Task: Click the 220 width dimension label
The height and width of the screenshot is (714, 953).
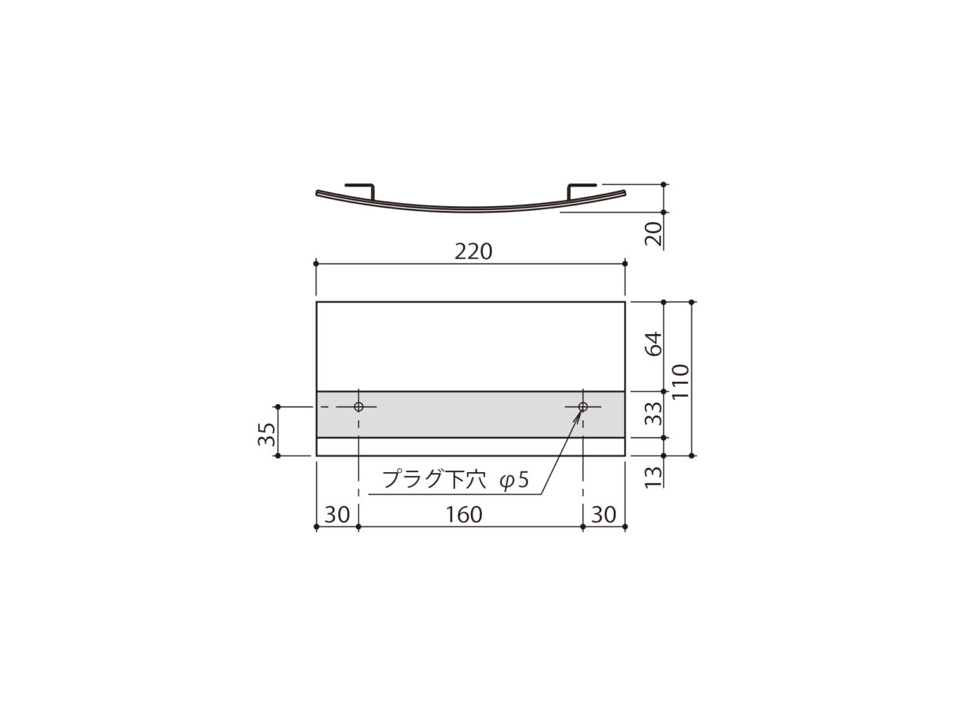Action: pyautogui.click(x=473, y=251)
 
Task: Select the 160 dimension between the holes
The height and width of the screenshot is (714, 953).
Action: pyautogui.click(x=464, y=515)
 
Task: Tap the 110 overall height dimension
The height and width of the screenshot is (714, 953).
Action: pyautogui.click(x=680, y=382)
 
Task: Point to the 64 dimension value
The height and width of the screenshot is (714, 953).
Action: pyautogui.click(x=653, y=344)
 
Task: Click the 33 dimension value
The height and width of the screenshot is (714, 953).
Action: pyautogui.click(x=653, y=414)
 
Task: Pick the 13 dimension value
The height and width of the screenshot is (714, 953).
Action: pyautogui.click(x=653, y=477)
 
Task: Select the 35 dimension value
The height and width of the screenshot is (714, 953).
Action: pyautogui.click(x=267, y=434)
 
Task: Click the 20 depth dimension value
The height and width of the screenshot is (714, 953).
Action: pyautogui.click(x=653, y=234)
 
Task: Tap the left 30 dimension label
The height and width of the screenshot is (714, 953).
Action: pyautogui.click(x=337, y=515)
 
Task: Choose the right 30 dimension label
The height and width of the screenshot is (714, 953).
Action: pyautogui.click(x=604, y=515)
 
